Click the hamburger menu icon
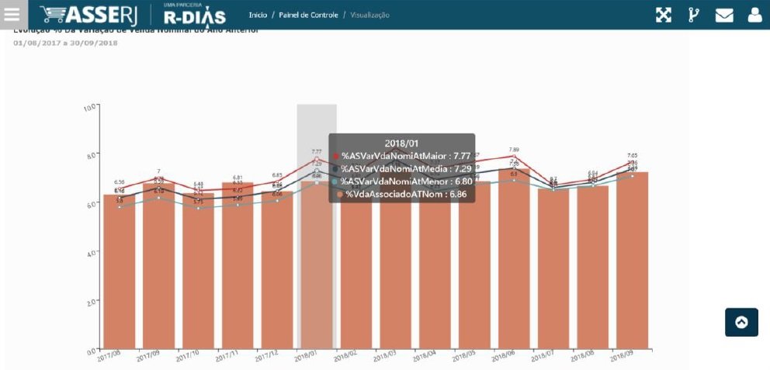pyautogui.click(x=12, y=15)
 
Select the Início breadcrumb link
pyautogui.click(x=258, y=16)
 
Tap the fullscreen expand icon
pyautogui.click(x=663, y=16)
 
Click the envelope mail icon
pyautogui.click(x=724, y=16)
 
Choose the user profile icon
pyautogui.click(x=754, y=16)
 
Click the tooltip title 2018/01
pyautogui.click(x=401, y=143)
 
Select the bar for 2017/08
pyautogui.click(x=119, y=271)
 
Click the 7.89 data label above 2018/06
pyautogui.click(x=514, y=150)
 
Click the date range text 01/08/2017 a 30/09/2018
pyautogui.click(x=66, y=43)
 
